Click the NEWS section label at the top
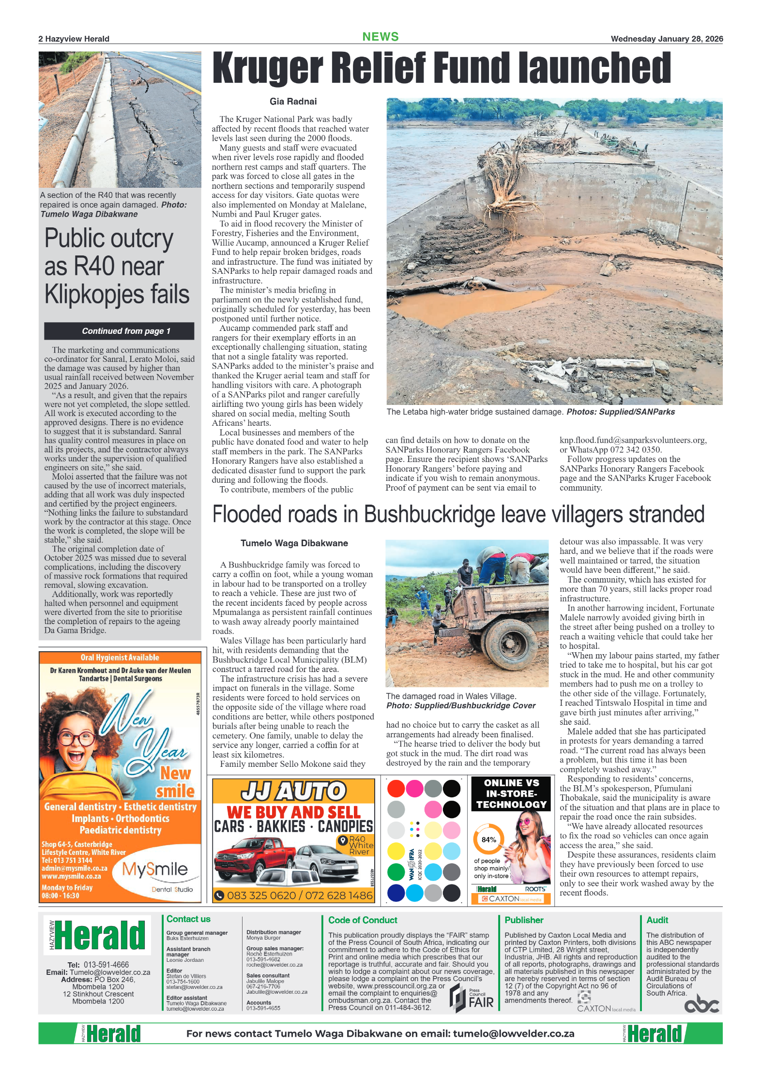click(380, 37)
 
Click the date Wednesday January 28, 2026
click(667, 39)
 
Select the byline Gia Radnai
click(293, 102)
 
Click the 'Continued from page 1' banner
click(119, 331)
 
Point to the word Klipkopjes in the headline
click(96, 294)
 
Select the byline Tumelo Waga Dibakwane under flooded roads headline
click(294, 543)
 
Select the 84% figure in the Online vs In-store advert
click(488, 839)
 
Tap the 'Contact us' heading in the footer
click(188, 919)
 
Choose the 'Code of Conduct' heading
click(363, 920)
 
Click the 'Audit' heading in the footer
click(657, 920)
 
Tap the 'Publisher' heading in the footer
click(524, 920)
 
